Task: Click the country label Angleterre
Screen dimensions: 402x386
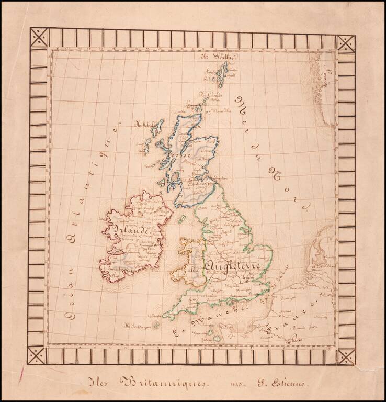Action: point(233,266)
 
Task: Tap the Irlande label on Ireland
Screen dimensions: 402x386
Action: point(130,230)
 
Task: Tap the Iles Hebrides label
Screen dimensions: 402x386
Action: point(143,125)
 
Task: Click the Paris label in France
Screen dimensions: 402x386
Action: point(297,339)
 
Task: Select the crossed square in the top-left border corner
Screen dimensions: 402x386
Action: point(39,37)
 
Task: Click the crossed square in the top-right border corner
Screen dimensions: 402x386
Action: point(346,43)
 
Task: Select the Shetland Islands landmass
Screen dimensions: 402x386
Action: point(223,74)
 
